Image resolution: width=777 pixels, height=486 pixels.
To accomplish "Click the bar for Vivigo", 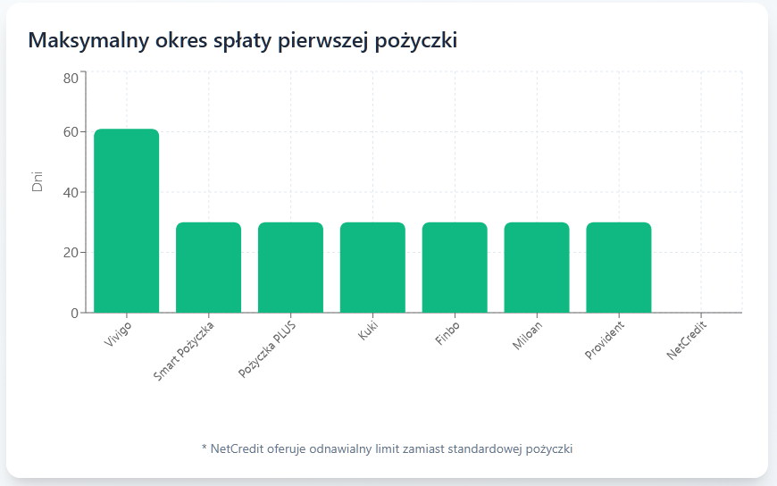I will point(126,221).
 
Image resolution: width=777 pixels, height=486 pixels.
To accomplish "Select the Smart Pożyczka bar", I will point(208,267).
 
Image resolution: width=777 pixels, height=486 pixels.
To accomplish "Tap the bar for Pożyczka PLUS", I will point(290,267).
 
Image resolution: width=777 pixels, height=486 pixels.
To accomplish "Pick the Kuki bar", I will point(372,267).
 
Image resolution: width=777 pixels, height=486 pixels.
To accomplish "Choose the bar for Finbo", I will point(455,267).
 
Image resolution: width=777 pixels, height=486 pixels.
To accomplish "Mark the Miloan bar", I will point(537,267).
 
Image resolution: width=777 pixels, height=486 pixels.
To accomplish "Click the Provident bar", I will point(619,267).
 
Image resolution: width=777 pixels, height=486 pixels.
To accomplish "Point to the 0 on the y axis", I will point(74,313).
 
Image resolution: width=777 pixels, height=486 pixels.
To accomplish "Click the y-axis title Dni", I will point(38,180).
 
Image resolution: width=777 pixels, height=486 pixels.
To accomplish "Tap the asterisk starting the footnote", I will point(205,448).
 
